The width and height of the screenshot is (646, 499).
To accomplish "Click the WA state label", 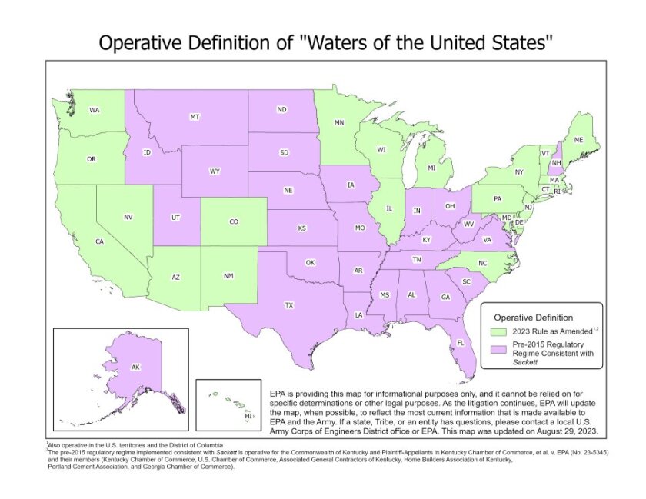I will tap(95, 110).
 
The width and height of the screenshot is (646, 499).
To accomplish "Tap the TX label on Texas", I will tap(289, 305).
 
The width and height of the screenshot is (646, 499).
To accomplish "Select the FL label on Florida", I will tap(461, 343).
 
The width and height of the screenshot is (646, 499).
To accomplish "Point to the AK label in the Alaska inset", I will tap(135, 368).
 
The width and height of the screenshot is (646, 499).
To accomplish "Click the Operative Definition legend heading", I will tap(532, 316).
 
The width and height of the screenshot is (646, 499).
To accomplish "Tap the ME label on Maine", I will tap(578, 139).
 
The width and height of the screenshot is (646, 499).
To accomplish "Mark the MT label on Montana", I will tap(195, 117).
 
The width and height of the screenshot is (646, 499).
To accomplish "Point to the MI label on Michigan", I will tap(431, 168).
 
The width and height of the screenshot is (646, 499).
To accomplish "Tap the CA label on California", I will tap(99, 241).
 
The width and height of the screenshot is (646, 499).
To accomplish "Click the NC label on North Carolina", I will tap(483, 263).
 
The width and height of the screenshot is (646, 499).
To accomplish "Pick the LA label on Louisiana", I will tap(358, 314).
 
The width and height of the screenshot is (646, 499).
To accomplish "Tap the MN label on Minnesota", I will tap(339, 122).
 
